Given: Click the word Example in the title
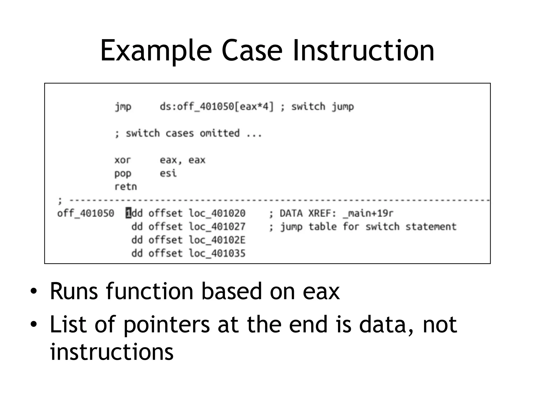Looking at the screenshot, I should [x=156, y=51].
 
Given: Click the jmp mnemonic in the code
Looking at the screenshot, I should [x=123, y=107].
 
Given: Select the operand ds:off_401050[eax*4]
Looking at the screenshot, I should [x=217, y=107].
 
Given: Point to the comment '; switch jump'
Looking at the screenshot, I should [x=317, y=107].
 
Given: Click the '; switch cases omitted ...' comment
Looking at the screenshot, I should [x=188, y=133].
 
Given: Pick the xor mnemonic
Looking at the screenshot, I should [x=123, y=160].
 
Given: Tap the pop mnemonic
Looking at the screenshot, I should [x=123, y=174].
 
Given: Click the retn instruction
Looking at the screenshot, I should [x=126, y=187].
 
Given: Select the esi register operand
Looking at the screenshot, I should [x=168, y=173].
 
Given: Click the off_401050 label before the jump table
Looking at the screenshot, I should [x=86, y=213].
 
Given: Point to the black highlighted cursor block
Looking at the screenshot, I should [x=128, y=213].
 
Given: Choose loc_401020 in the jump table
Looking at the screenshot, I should [x=217, y=213].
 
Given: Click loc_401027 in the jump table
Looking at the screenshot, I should [x=217, y=227].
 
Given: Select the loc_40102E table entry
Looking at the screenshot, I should [x=217, y=240].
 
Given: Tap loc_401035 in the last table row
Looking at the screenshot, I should [x=217, y=253].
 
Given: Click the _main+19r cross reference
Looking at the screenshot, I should [x=368, y=214].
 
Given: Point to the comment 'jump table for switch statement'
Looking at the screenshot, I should [x=368, y=227].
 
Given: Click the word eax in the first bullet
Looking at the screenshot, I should [x=321, y=291].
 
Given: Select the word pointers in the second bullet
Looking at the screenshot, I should [x=166, y=325].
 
